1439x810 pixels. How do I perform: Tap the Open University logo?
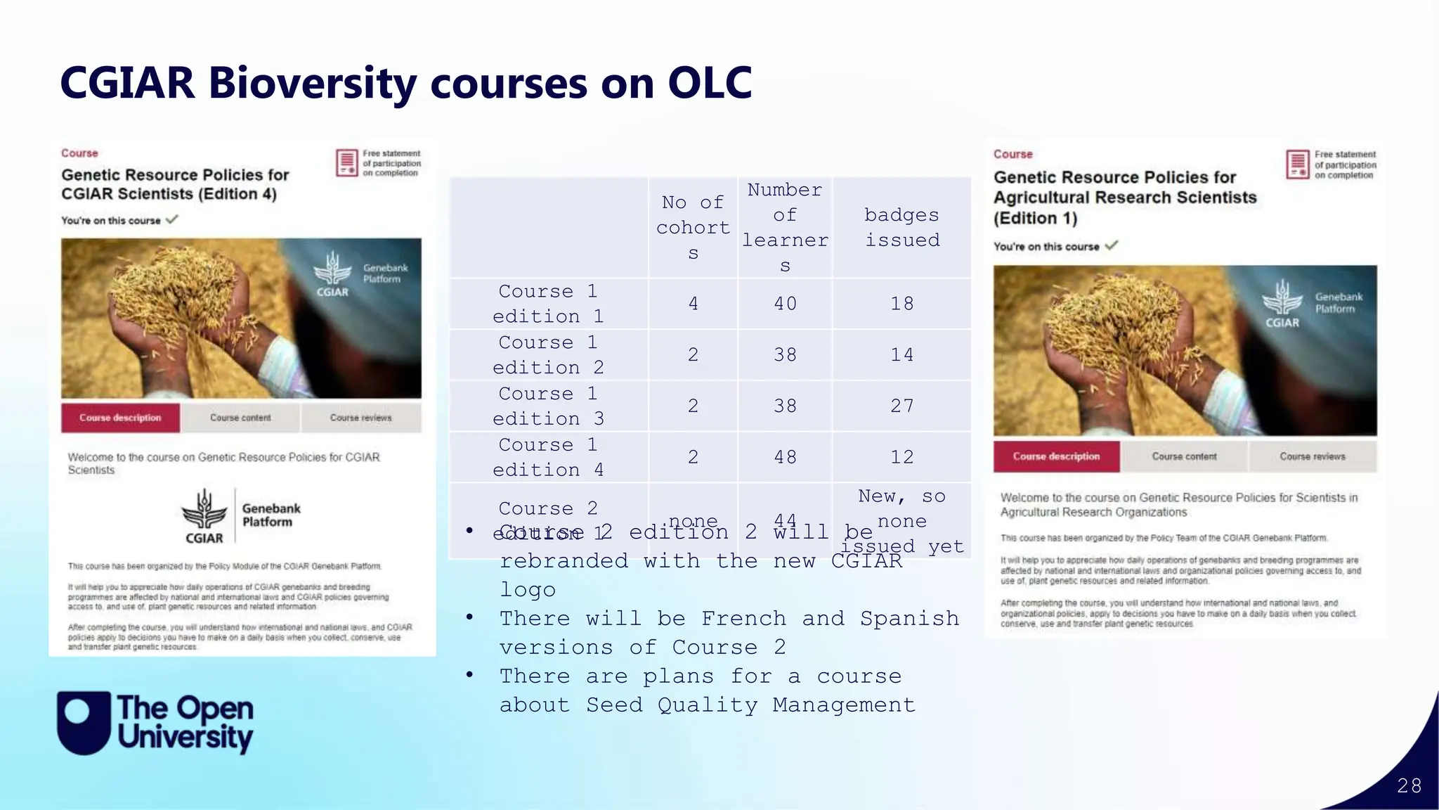pyautogui.click(x=155, y=723)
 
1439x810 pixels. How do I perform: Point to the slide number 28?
pyautogui.click(x=1409, y=785)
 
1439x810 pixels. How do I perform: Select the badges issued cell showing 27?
pyautogui.click(x=901, y=406)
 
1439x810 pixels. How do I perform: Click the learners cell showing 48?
pyautogui.click(x=785, y=458)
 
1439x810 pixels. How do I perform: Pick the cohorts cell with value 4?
pyautogui.click(x=693, y=304)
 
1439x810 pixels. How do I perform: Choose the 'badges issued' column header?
pyautogui.click(x=901, y=227)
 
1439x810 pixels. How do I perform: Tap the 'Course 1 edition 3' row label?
pyautogui.click(x=548, y=406)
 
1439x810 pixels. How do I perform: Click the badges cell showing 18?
pyautogui.click(x=901, y=304)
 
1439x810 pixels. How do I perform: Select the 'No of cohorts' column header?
pyautogui.click(x=693, y=227)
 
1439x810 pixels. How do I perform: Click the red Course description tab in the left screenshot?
pyautogui.click(x=120, y=418)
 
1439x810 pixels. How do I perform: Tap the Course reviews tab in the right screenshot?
pyautogui.click(x=1312, y=456)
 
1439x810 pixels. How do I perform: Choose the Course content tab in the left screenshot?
pyautogui.click(x=240, y=418)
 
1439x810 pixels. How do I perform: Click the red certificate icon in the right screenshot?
pyautogui.click(x=1297, y=165)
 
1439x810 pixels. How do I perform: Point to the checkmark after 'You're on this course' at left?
pyautogui.click(x=172, y=219)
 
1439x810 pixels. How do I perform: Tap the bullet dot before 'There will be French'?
pyautogui.click(x=469, y=617)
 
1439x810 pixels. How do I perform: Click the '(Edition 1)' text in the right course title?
pyautogui.click(x=1035, y=218)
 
